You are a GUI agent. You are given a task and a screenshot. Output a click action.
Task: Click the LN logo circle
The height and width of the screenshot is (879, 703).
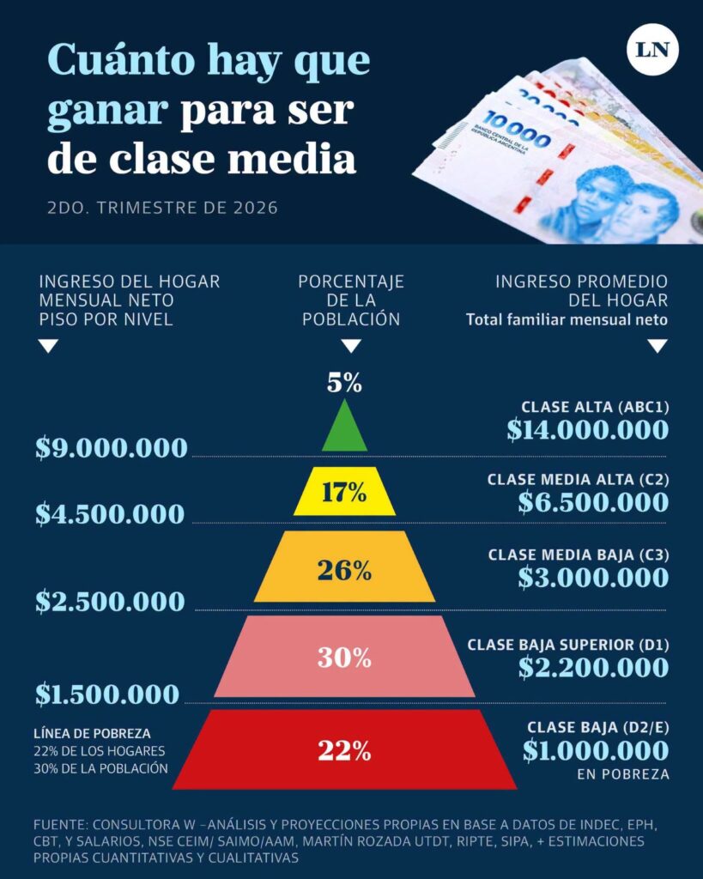(652, 49)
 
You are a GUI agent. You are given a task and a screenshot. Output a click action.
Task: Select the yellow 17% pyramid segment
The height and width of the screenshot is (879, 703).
(344, 491)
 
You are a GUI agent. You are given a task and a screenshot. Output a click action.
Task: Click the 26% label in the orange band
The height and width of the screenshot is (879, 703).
(344, 571)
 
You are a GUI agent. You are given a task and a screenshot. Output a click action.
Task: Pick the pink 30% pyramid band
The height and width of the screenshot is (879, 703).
(344, 657)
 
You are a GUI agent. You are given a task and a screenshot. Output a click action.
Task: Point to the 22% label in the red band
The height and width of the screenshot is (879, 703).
(344, 750)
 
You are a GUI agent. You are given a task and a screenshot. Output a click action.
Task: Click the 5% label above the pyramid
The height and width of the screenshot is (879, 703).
(344, 383)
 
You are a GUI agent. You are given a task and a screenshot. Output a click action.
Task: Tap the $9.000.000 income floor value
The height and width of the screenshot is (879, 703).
(112, 448)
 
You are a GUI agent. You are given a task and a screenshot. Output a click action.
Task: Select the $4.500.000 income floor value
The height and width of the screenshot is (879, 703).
(110, 514)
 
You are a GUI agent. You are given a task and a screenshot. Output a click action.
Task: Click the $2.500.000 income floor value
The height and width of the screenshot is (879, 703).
(110, 602)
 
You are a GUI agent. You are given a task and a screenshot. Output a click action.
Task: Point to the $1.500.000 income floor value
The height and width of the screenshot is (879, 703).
(107, 694)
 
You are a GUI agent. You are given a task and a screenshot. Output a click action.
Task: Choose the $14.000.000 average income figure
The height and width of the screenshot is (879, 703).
(587, 430)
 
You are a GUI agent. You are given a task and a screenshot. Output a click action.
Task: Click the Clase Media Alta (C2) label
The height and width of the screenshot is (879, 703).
(578, 480)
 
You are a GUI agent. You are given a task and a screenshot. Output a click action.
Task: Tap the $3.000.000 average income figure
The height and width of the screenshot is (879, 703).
(593, 578)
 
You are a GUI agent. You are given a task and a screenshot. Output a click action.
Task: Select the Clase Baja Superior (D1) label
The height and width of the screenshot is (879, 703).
(568, 646)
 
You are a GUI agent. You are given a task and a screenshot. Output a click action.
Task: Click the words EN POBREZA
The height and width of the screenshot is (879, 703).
(623, 775)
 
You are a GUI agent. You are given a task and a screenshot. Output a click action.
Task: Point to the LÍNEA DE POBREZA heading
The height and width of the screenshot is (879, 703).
(92, 734)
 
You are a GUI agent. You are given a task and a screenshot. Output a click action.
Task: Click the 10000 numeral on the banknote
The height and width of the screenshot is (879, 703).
(517, 130)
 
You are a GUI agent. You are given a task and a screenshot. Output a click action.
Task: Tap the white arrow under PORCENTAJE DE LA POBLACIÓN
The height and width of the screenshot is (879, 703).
(351, 346)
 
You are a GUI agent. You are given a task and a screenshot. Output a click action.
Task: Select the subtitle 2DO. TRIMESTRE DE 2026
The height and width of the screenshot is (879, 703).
(162, 208)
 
